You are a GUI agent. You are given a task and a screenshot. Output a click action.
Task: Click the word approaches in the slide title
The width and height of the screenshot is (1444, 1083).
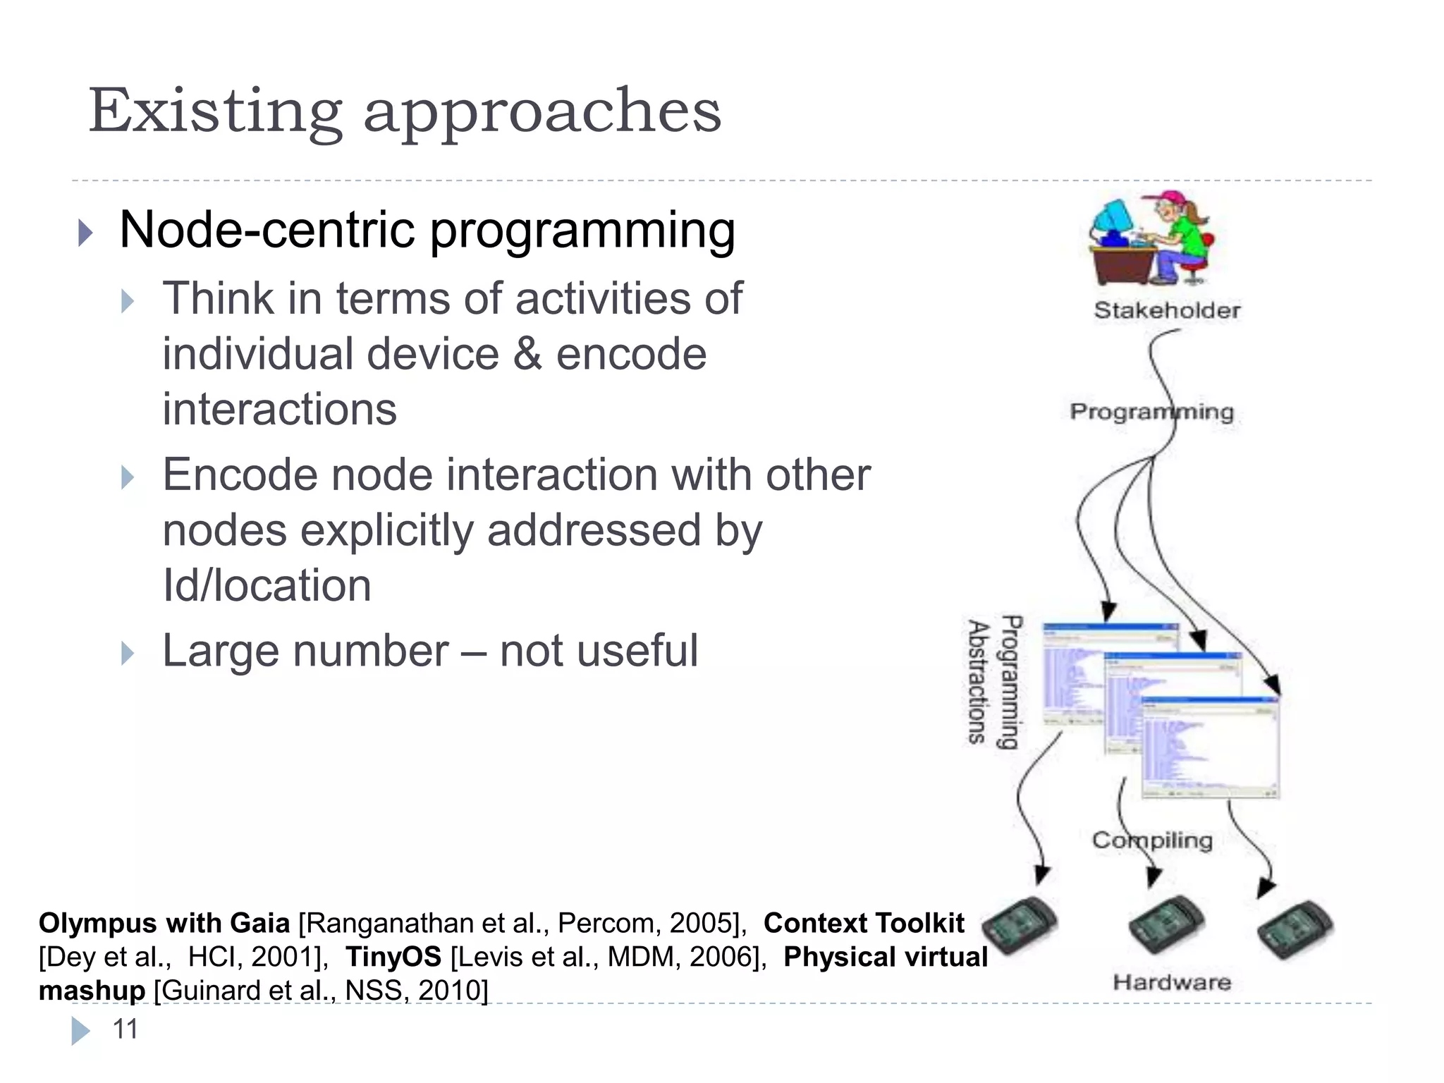pyautogui.click(x=542, y=113)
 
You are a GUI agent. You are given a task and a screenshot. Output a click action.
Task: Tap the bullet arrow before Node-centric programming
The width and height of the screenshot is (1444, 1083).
pyautogui.click(x=85, y=232)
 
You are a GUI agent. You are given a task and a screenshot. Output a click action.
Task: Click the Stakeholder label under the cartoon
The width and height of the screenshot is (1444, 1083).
pyautogui.click(x=1167, y=310)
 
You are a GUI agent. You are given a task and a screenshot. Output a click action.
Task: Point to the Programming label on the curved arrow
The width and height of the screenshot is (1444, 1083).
pyautogui.click(x=1151, y=411)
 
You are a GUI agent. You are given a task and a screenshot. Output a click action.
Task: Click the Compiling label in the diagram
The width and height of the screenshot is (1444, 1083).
pyautogui.click(x=1152, y=840)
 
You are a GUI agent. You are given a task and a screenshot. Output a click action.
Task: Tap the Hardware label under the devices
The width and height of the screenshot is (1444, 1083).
pyautogui.click(x=1172, y=982)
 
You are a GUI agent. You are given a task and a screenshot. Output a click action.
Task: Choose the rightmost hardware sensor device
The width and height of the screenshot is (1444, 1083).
pyautogui.click(x=1295, y=930)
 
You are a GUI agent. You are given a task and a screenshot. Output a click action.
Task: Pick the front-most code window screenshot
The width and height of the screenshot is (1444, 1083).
pyautogui.click(x=1209, y=747)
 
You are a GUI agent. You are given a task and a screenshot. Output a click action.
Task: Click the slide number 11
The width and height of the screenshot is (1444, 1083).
pyautogui.click(x=126, y=1029)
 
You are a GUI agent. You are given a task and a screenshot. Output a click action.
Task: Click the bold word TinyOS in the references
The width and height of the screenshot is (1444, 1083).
pyautogui.click(x=393, y=957)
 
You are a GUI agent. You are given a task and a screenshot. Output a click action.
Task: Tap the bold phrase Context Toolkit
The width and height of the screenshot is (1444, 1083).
pyautogui.click(x=864, y=923)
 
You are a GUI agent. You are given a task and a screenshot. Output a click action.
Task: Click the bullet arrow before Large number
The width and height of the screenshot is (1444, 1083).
pyautogui.click(x=128, y=653)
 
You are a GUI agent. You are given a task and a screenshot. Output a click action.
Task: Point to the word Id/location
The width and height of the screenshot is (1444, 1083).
pyautogui.click(x=267, y=585)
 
